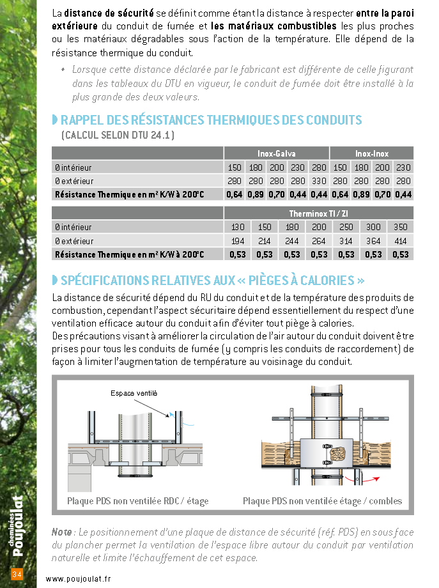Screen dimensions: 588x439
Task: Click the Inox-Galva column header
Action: pos(276,153)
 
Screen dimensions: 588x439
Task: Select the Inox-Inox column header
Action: pos(372,153)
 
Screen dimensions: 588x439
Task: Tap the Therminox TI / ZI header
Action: pos(318,213)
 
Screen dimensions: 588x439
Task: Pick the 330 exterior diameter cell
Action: pos(319,181)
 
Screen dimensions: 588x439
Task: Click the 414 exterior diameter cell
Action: pos(401,241)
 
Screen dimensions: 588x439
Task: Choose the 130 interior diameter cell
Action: pos(238,227)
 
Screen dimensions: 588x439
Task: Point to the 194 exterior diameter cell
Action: pos(238,241)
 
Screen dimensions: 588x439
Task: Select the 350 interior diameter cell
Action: pos(401,227)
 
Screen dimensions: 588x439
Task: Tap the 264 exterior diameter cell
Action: pos(319,241)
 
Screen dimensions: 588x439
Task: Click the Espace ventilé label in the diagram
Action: pos(134,393)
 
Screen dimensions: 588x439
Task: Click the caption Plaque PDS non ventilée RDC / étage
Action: pos(138,501)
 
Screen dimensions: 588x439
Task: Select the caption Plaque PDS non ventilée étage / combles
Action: pos(323,501)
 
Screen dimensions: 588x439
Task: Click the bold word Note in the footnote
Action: pos(61,532)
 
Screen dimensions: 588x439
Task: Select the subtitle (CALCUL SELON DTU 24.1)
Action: pos(118,135)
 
